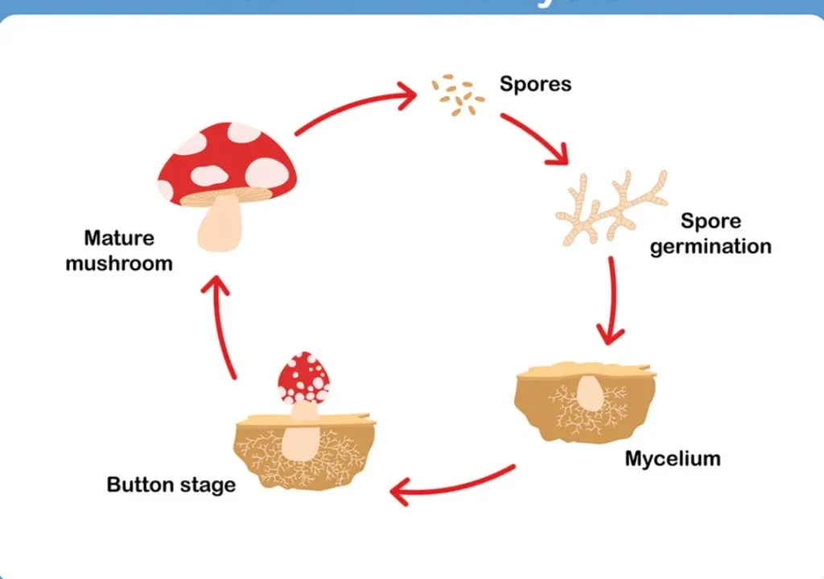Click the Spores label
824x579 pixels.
535,84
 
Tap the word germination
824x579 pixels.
711,246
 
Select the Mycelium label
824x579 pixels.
673,459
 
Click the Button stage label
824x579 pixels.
171,485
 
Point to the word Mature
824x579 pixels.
119,239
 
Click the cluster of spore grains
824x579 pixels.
457,95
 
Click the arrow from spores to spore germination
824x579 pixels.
534,138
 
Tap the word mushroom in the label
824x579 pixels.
119,264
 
